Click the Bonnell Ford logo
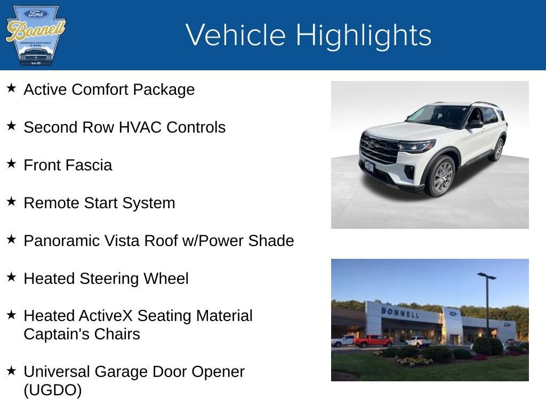click(35, 35)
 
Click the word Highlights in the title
click(363, 35)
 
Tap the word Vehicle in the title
click(236, 35)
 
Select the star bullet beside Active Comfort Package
click(11, 88)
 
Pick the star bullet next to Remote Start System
click(11, 201)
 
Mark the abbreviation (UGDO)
click(53, 390)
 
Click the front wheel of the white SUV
click(442, 177)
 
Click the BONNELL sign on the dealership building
click(399, 312)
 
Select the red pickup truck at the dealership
click(373, 341)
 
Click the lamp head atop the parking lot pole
click(486, 276)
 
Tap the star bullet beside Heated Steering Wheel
click(11, 277)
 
